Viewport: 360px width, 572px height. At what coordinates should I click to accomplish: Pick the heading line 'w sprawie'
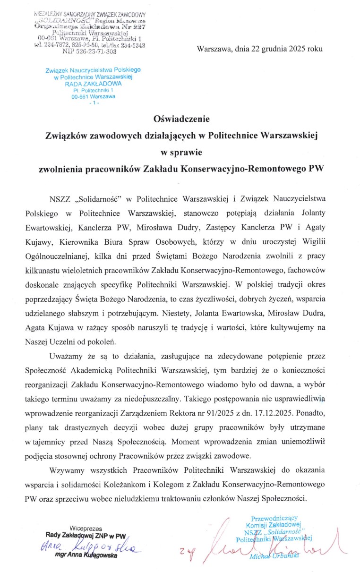180,152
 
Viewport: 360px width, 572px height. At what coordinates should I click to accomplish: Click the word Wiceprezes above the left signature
86,528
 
